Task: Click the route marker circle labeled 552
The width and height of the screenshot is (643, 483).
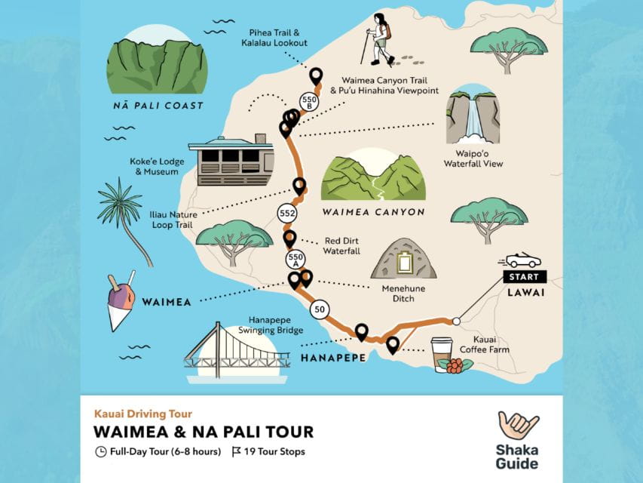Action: click(x=286, y=214)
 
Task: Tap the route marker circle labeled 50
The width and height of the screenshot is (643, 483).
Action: click(x=320, y=309)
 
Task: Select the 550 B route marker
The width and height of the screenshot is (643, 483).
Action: click(x=308, y=101)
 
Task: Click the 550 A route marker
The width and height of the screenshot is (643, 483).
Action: click(x=295, y=260)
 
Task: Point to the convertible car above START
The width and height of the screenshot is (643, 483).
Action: click(x=522, y=260)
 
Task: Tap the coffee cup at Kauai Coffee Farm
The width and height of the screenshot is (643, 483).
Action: click(x=442, y=353)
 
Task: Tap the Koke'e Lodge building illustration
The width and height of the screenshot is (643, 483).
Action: click(x=231, y=161)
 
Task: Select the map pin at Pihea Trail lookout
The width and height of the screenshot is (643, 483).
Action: click(x=316, y=75)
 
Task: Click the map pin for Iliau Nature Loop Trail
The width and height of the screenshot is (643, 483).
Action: click(x=299, y=185)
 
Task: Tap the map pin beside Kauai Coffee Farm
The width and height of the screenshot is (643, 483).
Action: click(x=393, y=345)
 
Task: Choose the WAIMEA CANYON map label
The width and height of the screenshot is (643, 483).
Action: click(x=372, y=213)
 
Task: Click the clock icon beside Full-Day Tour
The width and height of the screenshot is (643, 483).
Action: click(x=100, y=452)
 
